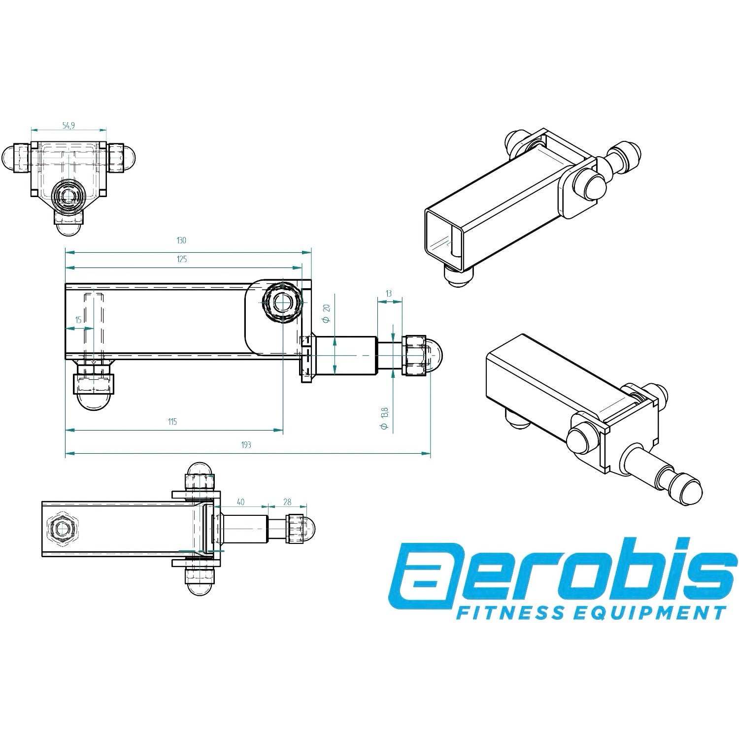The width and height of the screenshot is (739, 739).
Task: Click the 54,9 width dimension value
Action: click(68, 126)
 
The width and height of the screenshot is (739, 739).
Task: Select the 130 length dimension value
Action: click(181, 241)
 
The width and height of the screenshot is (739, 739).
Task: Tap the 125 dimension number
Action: click(181, 259)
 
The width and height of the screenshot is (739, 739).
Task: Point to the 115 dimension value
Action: click(172, 421)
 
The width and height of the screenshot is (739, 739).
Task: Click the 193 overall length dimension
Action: click(246, 444)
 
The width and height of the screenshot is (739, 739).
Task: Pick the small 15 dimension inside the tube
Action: click(78, 320)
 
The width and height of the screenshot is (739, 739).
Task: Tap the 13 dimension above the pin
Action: click(389, 294)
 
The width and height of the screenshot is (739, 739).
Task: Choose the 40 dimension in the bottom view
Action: click(240, 502)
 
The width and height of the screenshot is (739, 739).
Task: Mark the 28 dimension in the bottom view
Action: click(287, 502)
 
